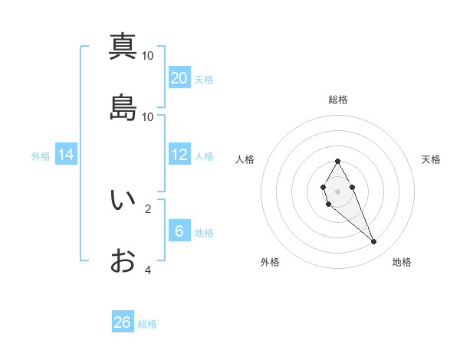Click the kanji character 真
(123, 47)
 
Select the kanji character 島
(123, 108)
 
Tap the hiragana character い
(123, 200)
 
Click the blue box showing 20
(179, 77)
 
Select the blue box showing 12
(179, 155)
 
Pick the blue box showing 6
(179, 231)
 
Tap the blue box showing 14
(66, 155)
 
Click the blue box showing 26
(123, 322)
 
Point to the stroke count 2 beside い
(148, 208)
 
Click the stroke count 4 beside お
(148, 270)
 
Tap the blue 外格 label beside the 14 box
(41, 155)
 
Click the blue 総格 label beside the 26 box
(147, 324)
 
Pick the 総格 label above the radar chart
(338, 100)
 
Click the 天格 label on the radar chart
(432, 159)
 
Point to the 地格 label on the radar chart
(402, 262)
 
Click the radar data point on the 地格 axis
(374, 242)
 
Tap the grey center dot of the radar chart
(338, 191)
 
